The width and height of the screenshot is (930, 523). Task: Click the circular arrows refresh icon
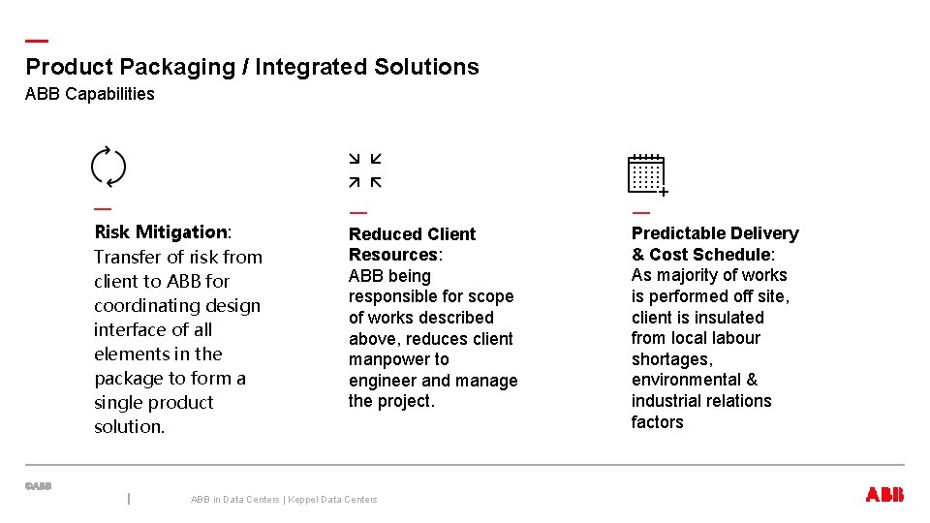click(x=108, y=167)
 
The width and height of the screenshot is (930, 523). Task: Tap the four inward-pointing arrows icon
click(x=365, y=170)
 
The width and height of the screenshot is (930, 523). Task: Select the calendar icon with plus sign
click(x=647, y=174)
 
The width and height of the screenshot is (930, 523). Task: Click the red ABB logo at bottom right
click(x=884, y=495)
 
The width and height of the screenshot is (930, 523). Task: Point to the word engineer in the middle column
click(x=383, y=381)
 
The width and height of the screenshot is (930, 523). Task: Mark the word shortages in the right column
click(x=671, y=359)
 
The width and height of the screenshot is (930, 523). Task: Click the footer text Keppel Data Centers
click(x=333, y=500)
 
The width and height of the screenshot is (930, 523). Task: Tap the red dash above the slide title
click(x=37, y=41)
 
